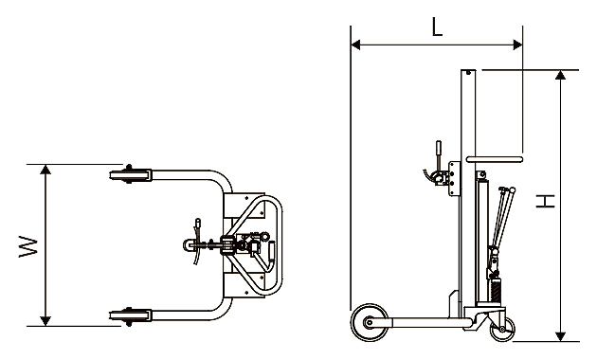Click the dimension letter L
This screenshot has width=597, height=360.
437,27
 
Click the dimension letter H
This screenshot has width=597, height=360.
545,201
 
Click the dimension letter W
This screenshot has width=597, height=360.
28,246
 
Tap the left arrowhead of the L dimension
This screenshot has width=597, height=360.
355,45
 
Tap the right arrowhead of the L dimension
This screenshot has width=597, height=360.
517,45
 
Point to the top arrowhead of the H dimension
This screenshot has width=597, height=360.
560,75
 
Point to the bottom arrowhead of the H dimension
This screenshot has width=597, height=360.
560,336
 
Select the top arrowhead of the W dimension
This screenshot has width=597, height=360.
45,170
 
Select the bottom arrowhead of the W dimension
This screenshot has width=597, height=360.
45,321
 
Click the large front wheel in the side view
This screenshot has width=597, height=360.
370,323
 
